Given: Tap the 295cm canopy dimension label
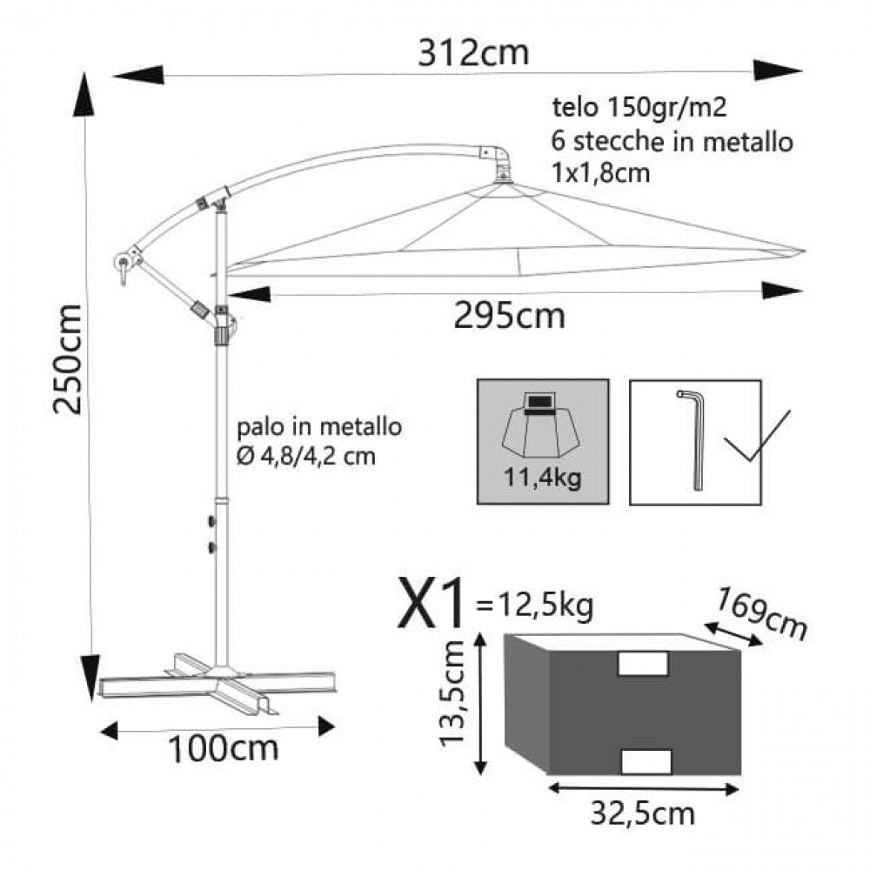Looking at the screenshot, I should point(509,316).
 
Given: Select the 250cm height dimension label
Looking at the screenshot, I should point(67,359).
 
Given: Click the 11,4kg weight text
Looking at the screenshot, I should point(542,477).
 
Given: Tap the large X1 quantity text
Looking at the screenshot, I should point(431,605).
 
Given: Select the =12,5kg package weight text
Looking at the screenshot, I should point(535,604).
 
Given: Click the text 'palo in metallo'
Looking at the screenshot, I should point(318,427).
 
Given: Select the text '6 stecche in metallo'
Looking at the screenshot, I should point(672,140).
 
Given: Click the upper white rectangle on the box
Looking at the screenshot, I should point(642,663).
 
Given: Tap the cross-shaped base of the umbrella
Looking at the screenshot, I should point(217,682).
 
